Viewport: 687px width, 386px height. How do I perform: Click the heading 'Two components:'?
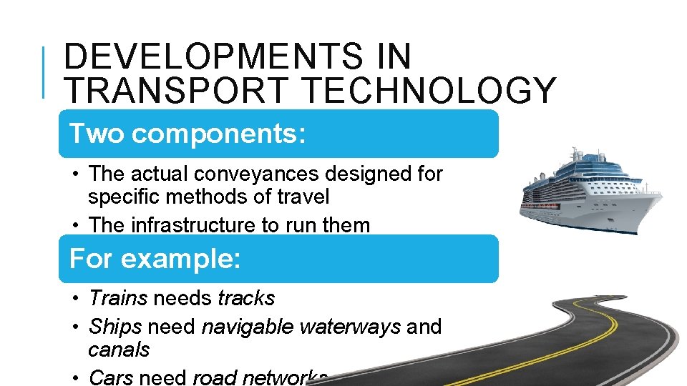[x=187, y=134]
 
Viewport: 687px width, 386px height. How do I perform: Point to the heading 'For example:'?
[x=155, y=258]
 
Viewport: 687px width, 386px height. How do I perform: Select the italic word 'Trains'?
[x=118, y=297]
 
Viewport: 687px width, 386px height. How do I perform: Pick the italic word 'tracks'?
[x=246, y=297]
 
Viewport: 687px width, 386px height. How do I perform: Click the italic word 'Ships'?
[x=114, y=327]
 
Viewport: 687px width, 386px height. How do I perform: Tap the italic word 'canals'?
[x=119, y=350]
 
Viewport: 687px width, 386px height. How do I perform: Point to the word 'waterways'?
[x=350, y=327]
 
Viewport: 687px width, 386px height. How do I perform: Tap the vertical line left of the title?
[x=44, y=72]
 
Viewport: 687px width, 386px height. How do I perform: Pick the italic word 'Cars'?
[x=111, y=377]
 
